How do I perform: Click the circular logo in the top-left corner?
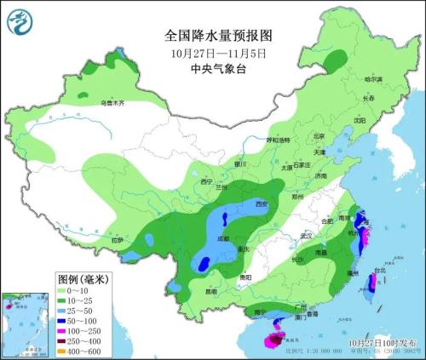pos(18,22)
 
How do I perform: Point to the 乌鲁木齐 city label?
pos(112,103)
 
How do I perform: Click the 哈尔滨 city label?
pos(374,79)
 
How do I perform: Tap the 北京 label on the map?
pos(319,135)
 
